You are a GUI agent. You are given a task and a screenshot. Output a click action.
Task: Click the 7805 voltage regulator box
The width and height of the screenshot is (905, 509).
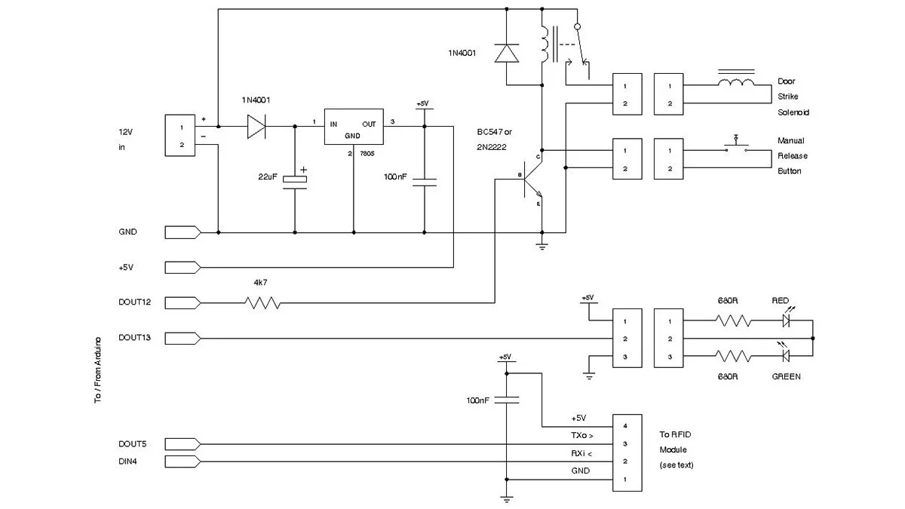tap(353, 126)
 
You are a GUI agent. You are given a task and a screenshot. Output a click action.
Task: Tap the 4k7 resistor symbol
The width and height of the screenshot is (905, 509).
tap(262, 303)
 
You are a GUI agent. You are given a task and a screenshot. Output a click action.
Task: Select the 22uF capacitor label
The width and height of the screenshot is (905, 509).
tap(268, 177)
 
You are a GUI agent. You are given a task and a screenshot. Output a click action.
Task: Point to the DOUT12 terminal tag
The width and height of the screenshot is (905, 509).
tap(182, 303)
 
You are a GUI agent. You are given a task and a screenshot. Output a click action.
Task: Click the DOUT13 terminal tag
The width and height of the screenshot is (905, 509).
tap(182, 338)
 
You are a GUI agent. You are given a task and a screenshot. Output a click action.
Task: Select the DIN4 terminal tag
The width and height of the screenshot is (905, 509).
tap(182, 461)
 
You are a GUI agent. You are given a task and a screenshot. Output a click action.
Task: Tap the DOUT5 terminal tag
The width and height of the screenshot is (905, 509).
tap(182, 443)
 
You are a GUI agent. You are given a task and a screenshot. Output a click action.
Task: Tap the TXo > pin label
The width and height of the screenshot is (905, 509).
tap(581, 436)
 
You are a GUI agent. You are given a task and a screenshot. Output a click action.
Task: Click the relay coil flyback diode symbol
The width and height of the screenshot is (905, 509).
tap(507, 53)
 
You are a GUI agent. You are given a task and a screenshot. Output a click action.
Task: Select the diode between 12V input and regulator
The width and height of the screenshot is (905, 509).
tap(259, 127)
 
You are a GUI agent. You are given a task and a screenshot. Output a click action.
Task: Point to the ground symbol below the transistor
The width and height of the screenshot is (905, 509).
tap(541, 245)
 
